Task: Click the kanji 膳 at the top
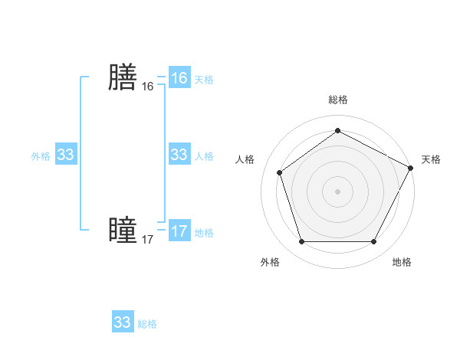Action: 122,77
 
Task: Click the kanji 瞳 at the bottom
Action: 122,231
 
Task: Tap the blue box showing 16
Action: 179,78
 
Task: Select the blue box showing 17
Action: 179,231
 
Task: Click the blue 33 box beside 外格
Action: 65,155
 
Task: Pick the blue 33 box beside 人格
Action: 179,155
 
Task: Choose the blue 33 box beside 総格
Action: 123,322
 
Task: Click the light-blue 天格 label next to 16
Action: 204,79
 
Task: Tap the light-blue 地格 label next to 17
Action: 204,233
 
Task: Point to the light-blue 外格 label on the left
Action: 41,156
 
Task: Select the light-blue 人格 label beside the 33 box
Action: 204,156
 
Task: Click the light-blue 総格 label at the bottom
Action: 147,324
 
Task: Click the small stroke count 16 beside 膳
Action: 147,87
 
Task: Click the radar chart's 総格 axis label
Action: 337,100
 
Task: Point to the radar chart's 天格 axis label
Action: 431,159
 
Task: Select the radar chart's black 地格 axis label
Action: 402,263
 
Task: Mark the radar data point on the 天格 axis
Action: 412,167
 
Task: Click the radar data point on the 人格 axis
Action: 279,172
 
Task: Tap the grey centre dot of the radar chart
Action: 337,191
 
